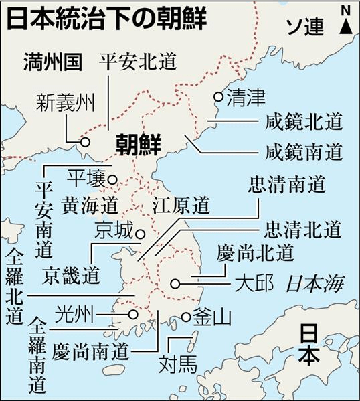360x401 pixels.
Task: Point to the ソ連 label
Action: [304, 27]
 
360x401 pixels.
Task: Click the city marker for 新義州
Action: [85, 142]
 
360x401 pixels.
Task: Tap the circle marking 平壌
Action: [113, 179]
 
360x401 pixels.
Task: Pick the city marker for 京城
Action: [141, 234]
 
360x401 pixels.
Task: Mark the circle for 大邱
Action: [175, 283]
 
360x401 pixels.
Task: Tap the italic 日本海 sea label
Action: [314, 284]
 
